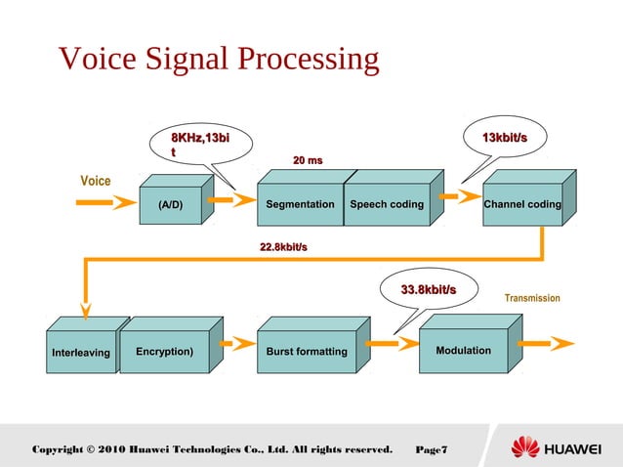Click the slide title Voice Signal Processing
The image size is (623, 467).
click(219, 59)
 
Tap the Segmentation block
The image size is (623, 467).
click(300, 205)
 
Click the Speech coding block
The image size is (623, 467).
click(387, 205)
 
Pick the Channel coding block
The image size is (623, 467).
click(521, 205)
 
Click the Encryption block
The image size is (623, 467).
click(164, 351)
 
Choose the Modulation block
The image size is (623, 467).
click(463, 351)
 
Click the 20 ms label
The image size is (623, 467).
click(308, 159)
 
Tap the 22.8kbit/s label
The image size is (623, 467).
click(283, 247)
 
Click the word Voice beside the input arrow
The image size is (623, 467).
click(95, 181)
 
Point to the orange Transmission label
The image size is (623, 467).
click(531, 297)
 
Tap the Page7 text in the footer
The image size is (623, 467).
click(431, 449)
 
